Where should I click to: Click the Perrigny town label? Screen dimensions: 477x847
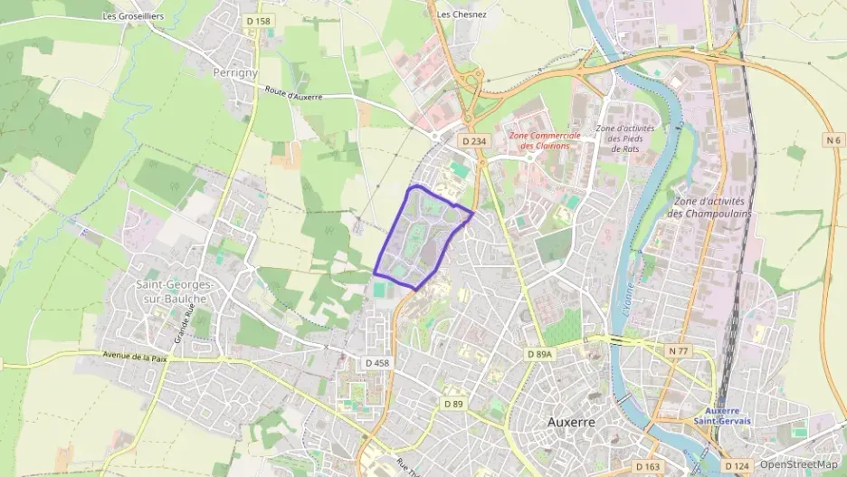(234, 72)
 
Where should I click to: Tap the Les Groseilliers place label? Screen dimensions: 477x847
(135, 15)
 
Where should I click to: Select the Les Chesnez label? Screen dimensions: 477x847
(462, 14)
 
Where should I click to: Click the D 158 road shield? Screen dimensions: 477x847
(258, 21)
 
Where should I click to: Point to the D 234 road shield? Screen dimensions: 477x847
(474, 141)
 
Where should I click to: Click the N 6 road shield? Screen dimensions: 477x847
(833, 139)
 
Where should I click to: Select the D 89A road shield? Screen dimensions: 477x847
(539, 356)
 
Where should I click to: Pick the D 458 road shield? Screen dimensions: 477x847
(377, 363)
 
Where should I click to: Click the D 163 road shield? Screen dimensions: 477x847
(647, 467)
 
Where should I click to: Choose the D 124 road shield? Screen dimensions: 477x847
(738, 467)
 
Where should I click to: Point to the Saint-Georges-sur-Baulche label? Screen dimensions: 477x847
(171, 291)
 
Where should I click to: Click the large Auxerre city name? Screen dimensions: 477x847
(572, 422)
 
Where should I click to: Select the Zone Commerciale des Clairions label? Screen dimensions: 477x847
(544, 140)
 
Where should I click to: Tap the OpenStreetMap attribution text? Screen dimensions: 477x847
(798, 464)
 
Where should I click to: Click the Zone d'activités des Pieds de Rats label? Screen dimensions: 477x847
(624, 138)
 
